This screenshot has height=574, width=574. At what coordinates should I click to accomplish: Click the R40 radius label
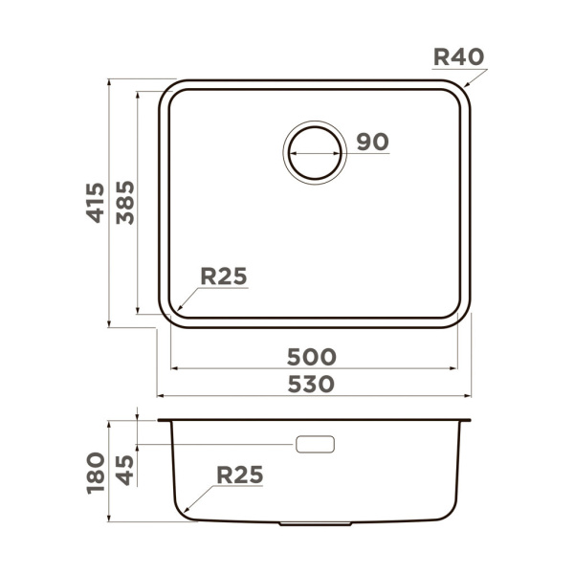(x=458, y=56)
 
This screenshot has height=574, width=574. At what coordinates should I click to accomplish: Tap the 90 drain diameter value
(x=372, y=142)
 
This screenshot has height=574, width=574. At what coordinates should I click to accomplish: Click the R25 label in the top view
(x=224, y=276)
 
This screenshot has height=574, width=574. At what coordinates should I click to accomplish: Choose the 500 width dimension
(x=312, y=357)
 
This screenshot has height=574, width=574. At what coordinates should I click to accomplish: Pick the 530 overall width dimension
(x=312, y=384)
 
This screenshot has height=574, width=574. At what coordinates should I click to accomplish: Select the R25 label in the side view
(x=239, y=474)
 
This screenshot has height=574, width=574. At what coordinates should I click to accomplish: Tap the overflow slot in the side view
(x=316, y=445)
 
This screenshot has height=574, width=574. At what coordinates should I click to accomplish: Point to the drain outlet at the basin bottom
(x=313, y=525)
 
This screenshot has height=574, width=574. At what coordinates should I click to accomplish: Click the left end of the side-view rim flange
(x=160, y=421)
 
